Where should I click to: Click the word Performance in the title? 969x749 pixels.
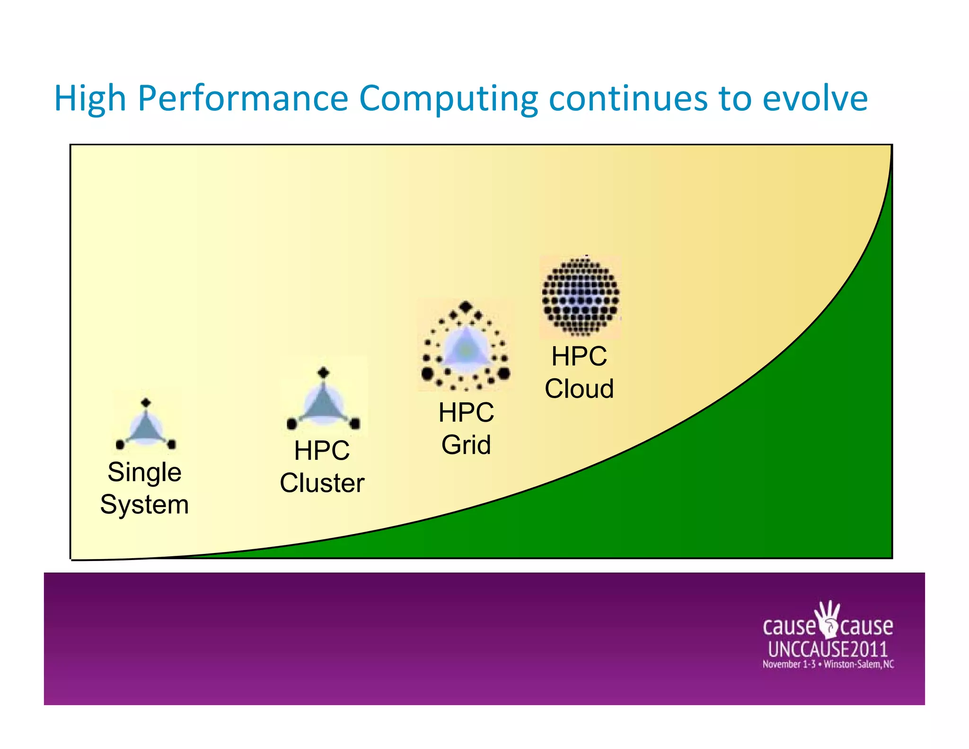click(243, 98)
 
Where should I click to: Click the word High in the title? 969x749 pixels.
click(90, 98)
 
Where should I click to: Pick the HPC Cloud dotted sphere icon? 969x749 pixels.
click(580, 296)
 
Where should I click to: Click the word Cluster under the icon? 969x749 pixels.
click(322, 483)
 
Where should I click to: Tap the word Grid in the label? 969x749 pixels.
click(466, 445)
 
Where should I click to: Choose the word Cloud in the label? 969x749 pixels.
click(579, 389)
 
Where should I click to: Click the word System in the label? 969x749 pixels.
click(144, 505)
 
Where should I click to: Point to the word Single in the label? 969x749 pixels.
click(144, 472)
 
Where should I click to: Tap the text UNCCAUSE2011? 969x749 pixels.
click(828, 649)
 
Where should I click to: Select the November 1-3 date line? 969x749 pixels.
click(828, 664)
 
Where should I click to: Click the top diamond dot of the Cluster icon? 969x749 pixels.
click(324, 373)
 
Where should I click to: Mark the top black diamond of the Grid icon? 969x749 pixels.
click(466, 307)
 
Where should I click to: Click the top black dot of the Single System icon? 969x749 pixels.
click(146, 403)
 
